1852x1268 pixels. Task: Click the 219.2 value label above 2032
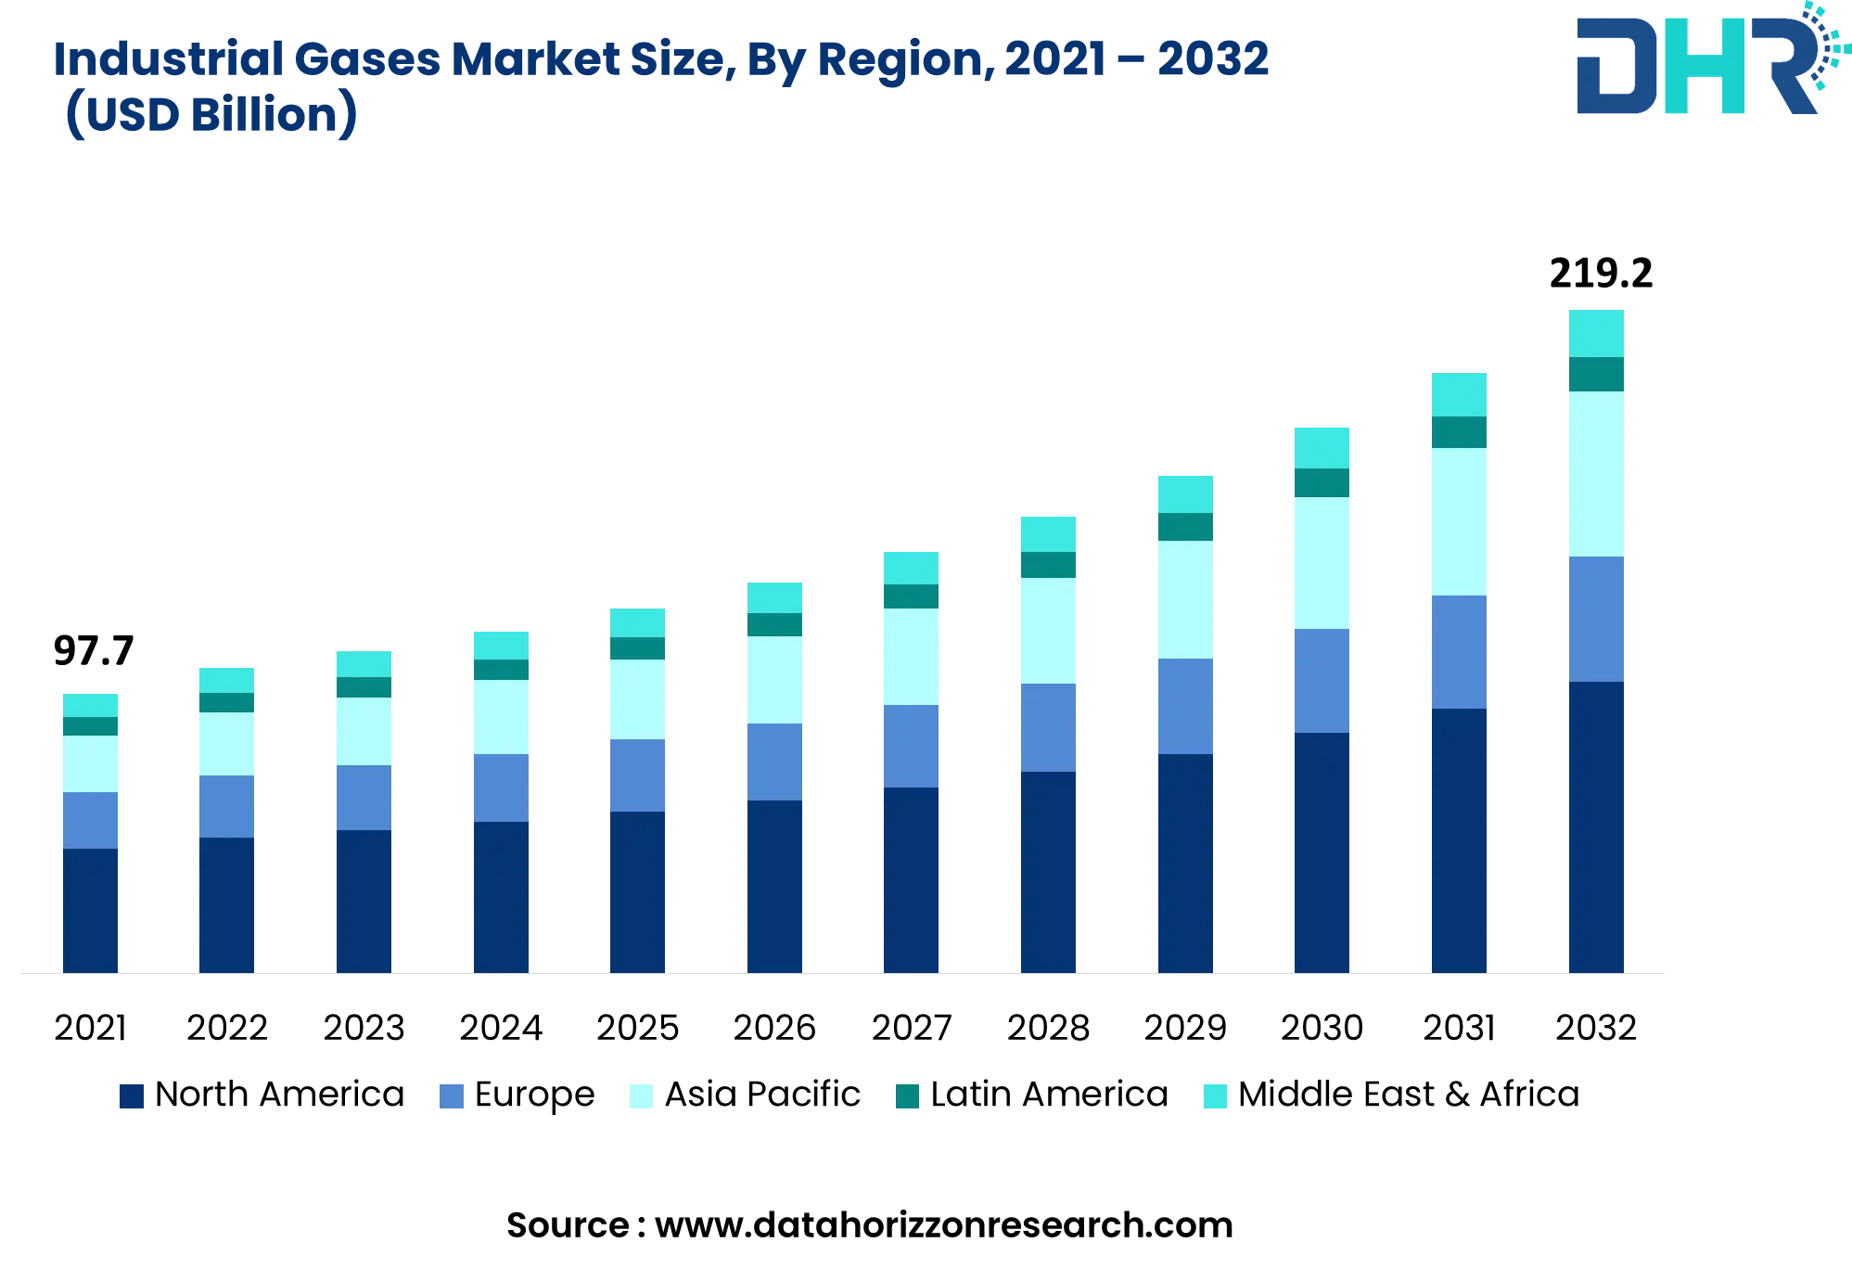tap(1601, 274)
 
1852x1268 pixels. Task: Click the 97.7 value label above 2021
tap(94, 651)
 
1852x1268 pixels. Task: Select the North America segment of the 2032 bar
tap(1596, 826)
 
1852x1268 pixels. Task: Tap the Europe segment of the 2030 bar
tap(1322, 681)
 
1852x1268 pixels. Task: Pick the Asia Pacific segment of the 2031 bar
tap(1459, 521)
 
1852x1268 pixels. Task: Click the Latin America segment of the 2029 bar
tap(1185, 527)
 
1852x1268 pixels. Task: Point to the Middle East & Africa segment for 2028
tap(1048, 534)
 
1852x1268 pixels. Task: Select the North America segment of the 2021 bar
tap(90, 910)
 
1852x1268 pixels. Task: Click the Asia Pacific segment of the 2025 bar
tap(637, 699)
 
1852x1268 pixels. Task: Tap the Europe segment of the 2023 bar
tap(364, 798)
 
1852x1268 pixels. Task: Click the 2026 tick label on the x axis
tap(774, 1028)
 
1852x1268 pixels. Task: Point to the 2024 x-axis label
tap(501, 1028)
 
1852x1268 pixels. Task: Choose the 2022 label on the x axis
tap(227, 1028)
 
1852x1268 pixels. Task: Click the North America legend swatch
tap(132, 1096)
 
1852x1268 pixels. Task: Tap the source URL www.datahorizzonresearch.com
tap(943, 1225)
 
